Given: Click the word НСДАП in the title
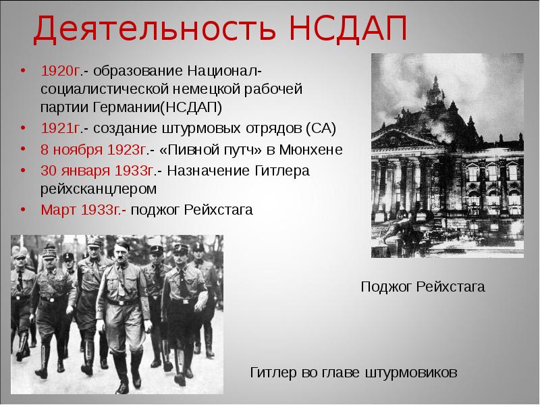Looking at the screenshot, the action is point(340,28).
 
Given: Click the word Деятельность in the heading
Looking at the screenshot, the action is point(153,28).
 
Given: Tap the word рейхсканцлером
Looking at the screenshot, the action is point(98,189).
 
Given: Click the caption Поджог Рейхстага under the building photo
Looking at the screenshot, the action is point(423,288).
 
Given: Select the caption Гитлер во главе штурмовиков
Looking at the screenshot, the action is point(354,372).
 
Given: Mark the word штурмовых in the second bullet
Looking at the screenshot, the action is point(189,128).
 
